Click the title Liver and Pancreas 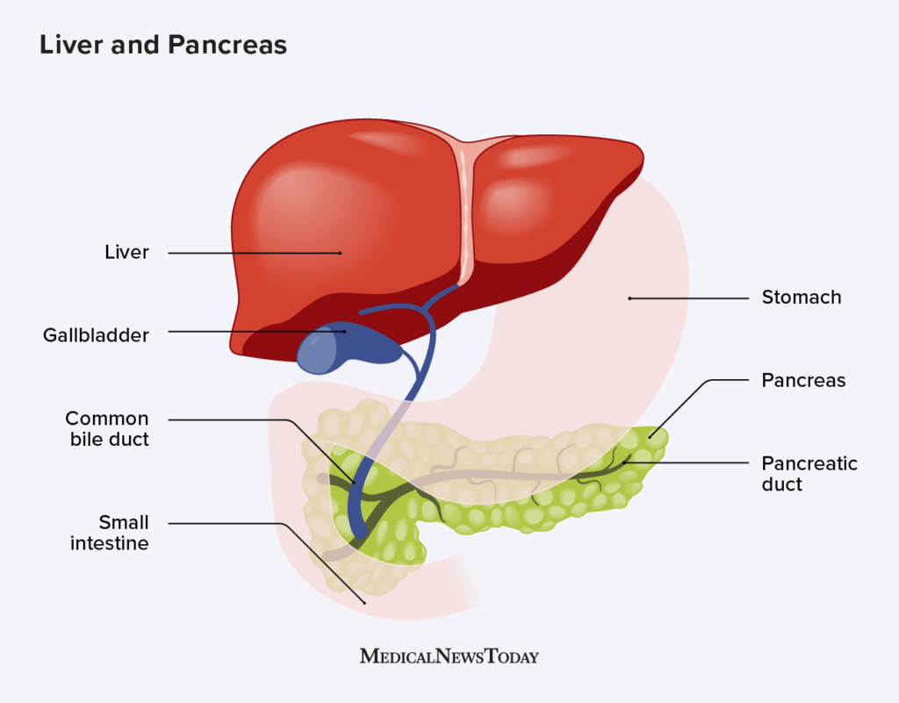(x=163, y=46)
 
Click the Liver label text (x=127, y=253)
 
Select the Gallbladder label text (x=96, y=335)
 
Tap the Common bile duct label (x=107, y=429)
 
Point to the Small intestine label (x=110, y=534)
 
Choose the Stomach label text (x=802, y=298)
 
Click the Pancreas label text (x=803, y=381)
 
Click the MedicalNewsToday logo (x=449, y=656)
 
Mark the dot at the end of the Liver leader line (x=341, y=253)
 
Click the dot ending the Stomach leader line (x=629, y=298)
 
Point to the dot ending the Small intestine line (x=364, y=602)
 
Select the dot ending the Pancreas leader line (x=651, y=435)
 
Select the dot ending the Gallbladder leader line (x=344, y=332)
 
